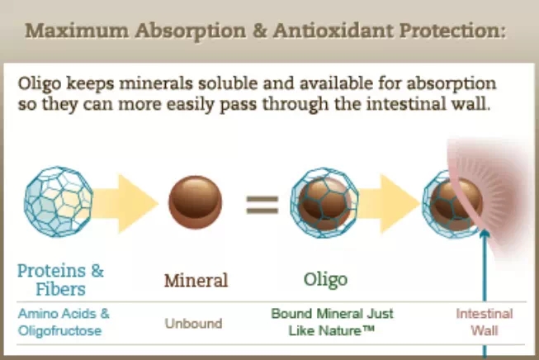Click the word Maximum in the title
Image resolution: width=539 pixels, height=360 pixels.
coord(77,31)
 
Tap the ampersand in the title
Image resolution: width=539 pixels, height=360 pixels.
coord(260,31)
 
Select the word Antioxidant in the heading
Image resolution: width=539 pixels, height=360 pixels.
coord(333,31)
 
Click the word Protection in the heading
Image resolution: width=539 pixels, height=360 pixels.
coord(451,31)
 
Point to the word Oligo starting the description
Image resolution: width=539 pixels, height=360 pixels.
coord(40,84)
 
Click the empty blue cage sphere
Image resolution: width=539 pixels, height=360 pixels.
coord(59,201)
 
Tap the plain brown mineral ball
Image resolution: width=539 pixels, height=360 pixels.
coord(196,202)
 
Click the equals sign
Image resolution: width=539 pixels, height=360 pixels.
coord(262,205)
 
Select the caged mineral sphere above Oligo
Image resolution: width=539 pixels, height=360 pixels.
coord(324,203)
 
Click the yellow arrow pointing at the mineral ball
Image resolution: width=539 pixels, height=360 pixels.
coord(125,204)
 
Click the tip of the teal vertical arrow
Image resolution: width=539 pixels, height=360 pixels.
coord(485,230)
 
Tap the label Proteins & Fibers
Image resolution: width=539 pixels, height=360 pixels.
coord(60,280)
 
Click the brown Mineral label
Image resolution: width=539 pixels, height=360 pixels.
coord(196,280)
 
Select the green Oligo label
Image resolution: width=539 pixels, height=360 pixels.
coord(325,280)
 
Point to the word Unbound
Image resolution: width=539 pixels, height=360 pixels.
coord(193,324)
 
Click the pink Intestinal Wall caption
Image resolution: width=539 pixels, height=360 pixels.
coord(485,322)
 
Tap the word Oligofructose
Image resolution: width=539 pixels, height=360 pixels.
coord(59,331)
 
